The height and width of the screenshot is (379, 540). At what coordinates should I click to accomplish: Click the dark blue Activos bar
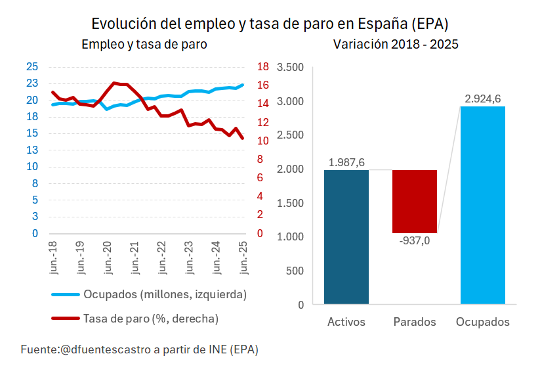click(x=346, y=237)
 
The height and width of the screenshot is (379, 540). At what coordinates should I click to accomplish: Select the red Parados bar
click(x=414, y=201)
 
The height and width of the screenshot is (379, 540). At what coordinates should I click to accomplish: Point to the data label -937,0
click(x=414, y=241)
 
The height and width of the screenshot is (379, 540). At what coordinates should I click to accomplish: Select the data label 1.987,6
click(x=346, y=162)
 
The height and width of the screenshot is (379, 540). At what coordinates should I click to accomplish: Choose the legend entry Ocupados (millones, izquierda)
click(x=164, y=294)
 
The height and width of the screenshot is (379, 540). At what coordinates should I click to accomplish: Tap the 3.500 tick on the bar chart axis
click(x=291, y=68)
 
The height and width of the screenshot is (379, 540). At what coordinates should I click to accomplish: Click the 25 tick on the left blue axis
click(x=31, y=66)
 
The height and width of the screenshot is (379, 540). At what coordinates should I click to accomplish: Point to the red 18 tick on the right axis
click(x=263, y=66)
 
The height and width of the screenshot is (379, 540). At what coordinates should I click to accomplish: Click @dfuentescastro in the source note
click(x=105, y=349)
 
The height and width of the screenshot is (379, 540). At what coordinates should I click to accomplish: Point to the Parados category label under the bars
click(x=414, y=322)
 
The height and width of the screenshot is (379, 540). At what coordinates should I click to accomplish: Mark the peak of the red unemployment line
click(x=114, y=83)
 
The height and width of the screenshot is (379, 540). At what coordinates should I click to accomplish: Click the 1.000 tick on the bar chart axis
click(x=291, y=236)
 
